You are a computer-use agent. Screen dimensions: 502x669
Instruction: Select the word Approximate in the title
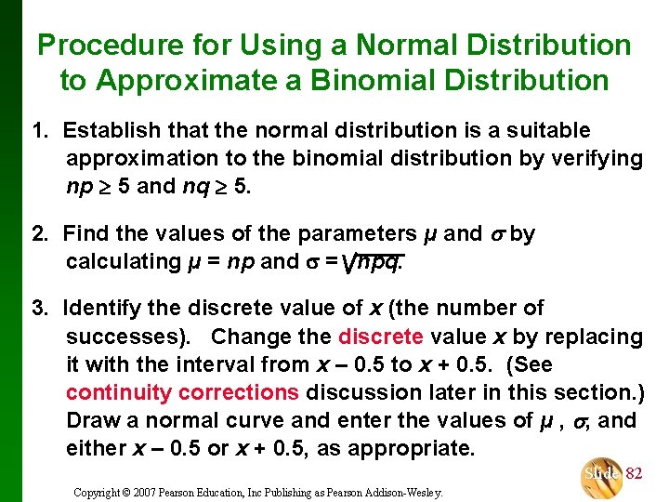pos(189,80)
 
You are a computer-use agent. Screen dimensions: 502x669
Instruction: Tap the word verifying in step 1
pos(597,159)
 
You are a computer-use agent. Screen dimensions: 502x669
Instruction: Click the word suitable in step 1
pos(546,131)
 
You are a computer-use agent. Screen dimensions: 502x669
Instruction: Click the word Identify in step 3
pos(102,308)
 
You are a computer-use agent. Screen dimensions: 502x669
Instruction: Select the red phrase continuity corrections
pos(183,392)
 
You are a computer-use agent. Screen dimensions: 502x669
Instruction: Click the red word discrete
pos(381,336)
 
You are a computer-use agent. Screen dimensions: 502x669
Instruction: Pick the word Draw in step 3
pos(93,420)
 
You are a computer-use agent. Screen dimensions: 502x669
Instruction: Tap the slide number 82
pos(634,474)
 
